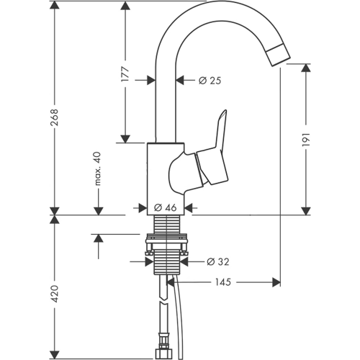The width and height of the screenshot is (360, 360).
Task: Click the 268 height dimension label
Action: click(55, 117)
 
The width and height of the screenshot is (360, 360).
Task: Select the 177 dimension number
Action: click(125, 73)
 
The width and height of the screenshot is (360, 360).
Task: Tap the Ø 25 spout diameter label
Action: click(210, 81)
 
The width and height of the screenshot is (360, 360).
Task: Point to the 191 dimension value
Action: click(306, 139)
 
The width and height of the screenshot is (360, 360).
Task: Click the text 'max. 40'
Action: click(98, 168)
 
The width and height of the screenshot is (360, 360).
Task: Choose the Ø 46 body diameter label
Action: click(166, 207)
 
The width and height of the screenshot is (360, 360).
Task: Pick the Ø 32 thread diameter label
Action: click(218, 261)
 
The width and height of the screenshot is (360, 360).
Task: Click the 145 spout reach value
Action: click(223, 282)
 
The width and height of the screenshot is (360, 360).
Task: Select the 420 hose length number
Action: click(55, 294)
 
